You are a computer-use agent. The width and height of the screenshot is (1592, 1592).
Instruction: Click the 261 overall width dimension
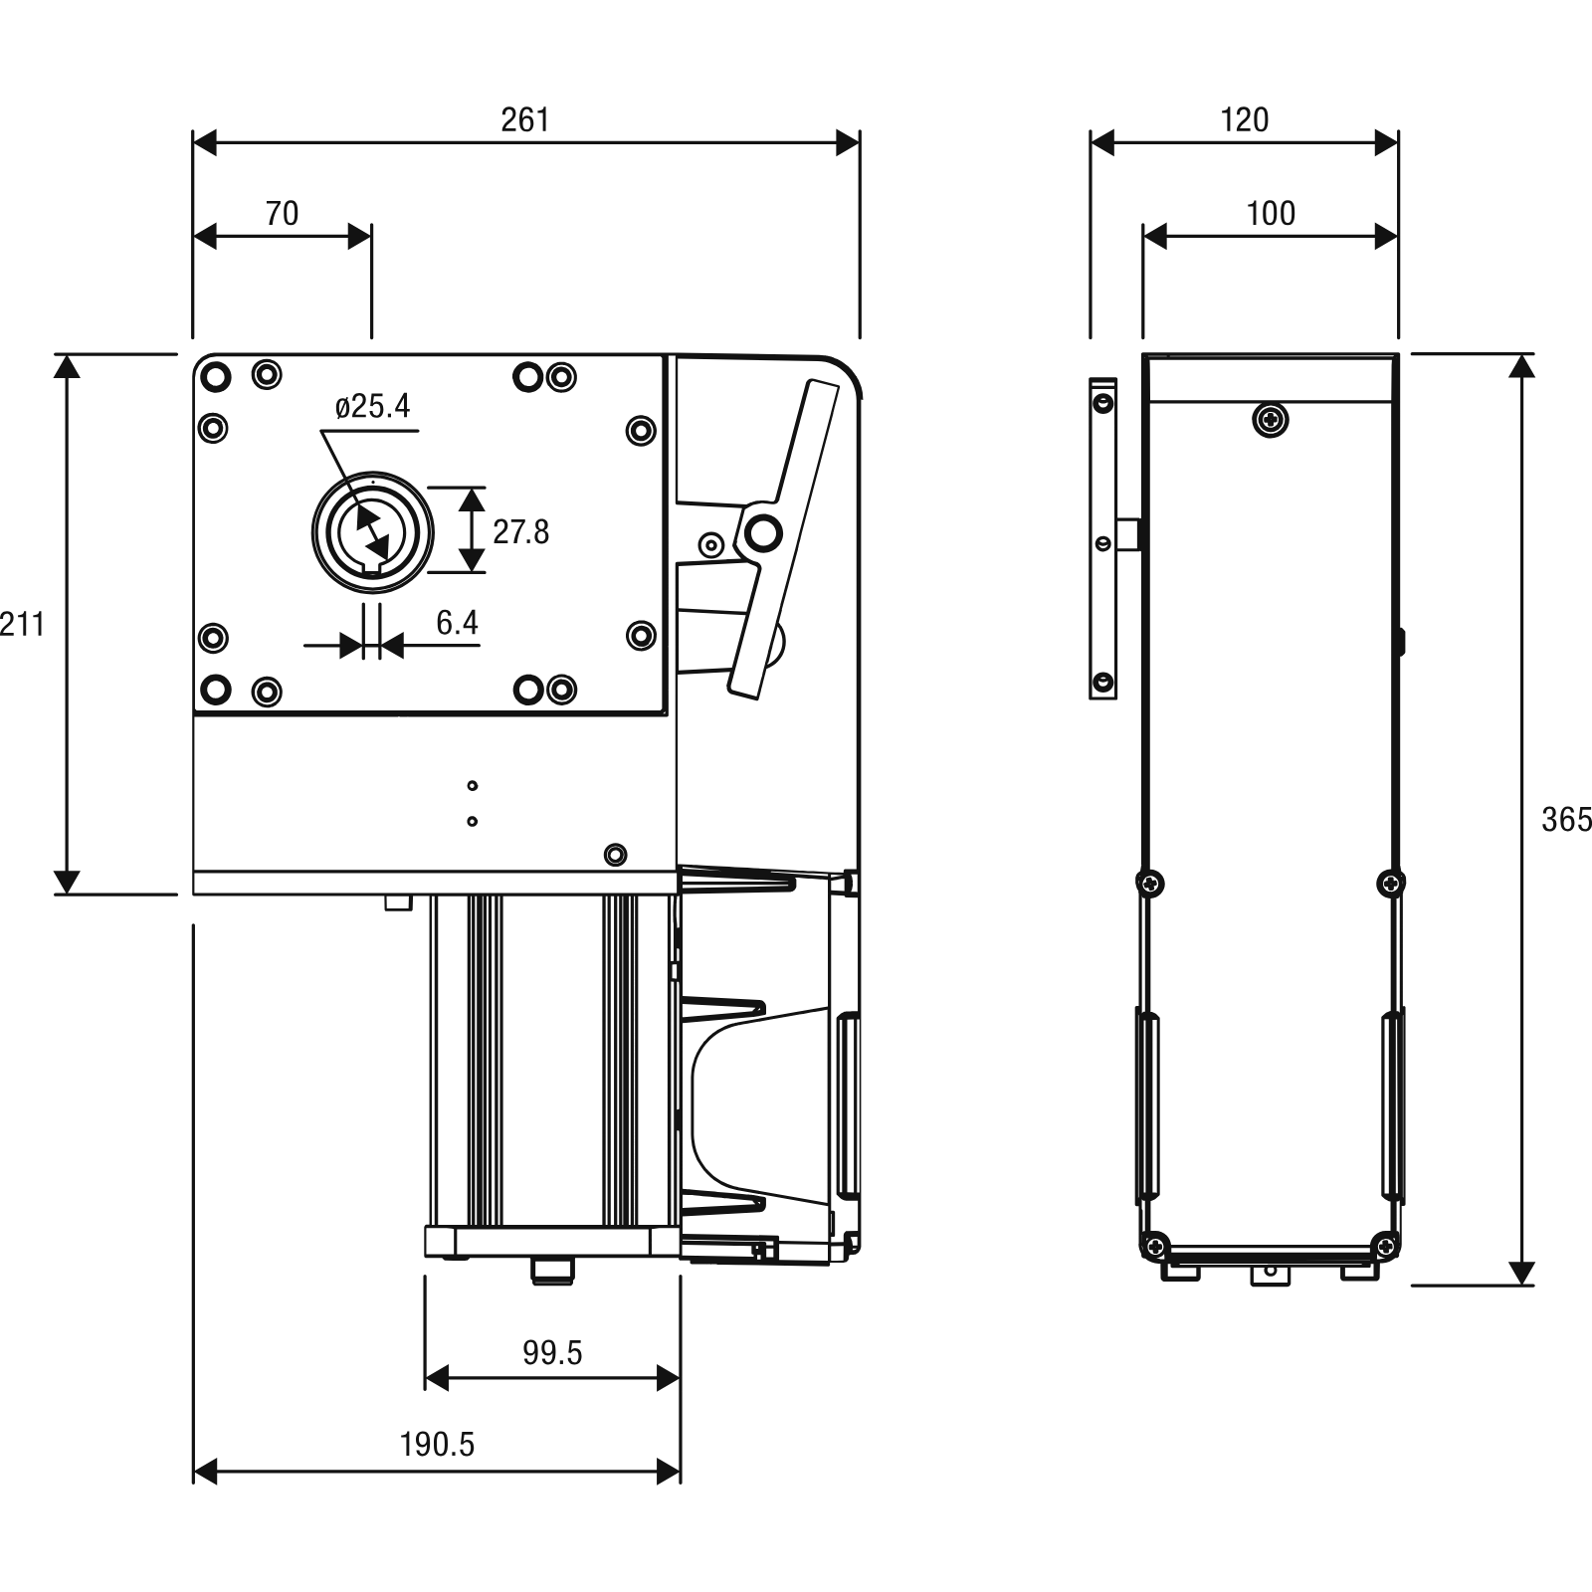[x=524, y=119]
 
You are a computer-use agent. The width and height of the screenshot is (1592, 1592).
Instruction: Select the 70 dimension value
[x=282, y=213]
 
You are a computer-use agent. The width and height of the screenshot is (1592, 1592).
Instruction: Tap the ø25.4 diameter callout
[x=373, y=406]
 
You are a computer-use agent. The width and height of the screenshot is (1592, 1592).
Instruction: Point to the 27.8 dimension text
[x=520, y=531]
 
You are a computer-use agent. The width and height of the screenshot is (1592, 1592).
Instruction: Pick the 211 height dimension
[x=22, y=624]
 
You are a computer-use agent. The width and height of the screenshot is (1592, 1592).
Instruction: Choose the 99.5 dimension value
[x=552, y=1352]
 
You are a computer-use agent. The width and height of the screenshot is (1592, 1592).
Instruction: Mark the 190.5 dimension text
[x=438, y=1444]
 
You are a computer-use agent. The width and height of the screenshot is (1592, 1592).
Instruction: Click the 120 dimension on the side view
[x=1244, y=119]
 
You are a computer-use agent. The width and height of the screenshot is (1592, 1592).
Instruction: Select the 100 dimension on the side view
[x=1271, y=213]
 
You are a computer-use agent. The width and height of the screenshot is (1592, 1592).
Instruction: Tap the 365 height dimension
[x=1566, y=819]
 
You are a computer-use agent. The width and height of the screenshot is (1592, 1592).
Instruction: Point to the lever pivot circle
[x=763, y=533]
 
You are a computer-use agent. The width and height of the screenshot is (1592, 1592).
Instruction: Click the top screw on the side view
[x=1270, y=420]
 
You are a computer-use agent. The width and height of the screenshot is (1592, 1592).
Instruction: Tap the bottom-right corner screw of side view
[x=1386, y=1244]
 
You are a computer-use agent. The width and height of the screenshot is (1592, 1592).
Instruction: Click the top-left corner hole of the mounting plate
[x=215, y=377]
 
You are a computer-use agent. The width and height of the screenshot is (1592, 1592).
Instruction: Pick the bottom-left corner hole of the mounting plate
[x=215, y=688]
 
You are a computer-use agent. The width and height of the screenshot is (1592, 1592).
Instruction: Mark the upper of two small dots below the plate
[x=472, y=786]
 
